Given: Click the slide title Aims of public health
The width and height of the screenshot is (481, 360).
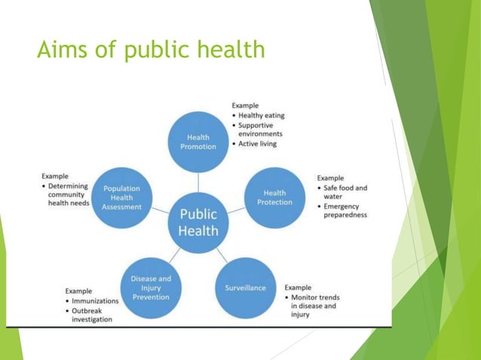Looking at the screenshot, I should (x=151, y=50).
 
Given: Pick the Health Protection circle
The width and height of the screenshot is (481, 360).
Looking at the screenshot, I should (x=274, y=197).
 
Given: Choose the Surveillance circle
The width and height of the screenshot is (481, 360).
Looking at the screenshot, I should (x=245, y=288).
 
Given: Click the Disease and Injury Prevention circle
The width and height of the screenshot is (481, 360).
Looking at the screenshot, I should (x=151, y=288).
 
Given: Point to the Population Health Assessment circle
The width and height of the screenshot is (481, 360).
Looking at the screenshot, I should (x=122, y=197).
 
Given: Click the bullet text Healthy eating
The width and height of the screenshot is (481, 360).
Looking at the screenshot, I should (x=261, y=115).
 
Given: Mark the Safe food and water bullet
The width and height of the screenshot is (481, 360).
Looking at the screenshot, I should (x=344, y=192).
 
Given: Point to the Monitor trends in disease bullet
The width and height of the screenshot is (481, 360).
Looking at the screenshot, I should (x=313, y=306).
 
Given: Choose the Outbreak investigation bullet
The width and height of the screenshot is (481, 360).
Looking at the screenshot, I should (x=92, y=315).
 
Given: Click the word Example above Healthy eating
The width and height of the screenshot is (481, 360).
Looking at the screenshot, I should (x=247, y=105).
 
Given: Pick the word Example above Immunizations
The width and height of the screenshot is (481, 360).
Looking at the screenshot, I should (x=78, y=291).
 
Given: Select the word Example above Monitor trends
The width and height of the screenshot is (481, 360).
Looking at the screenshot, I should (x=297, y=288).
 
